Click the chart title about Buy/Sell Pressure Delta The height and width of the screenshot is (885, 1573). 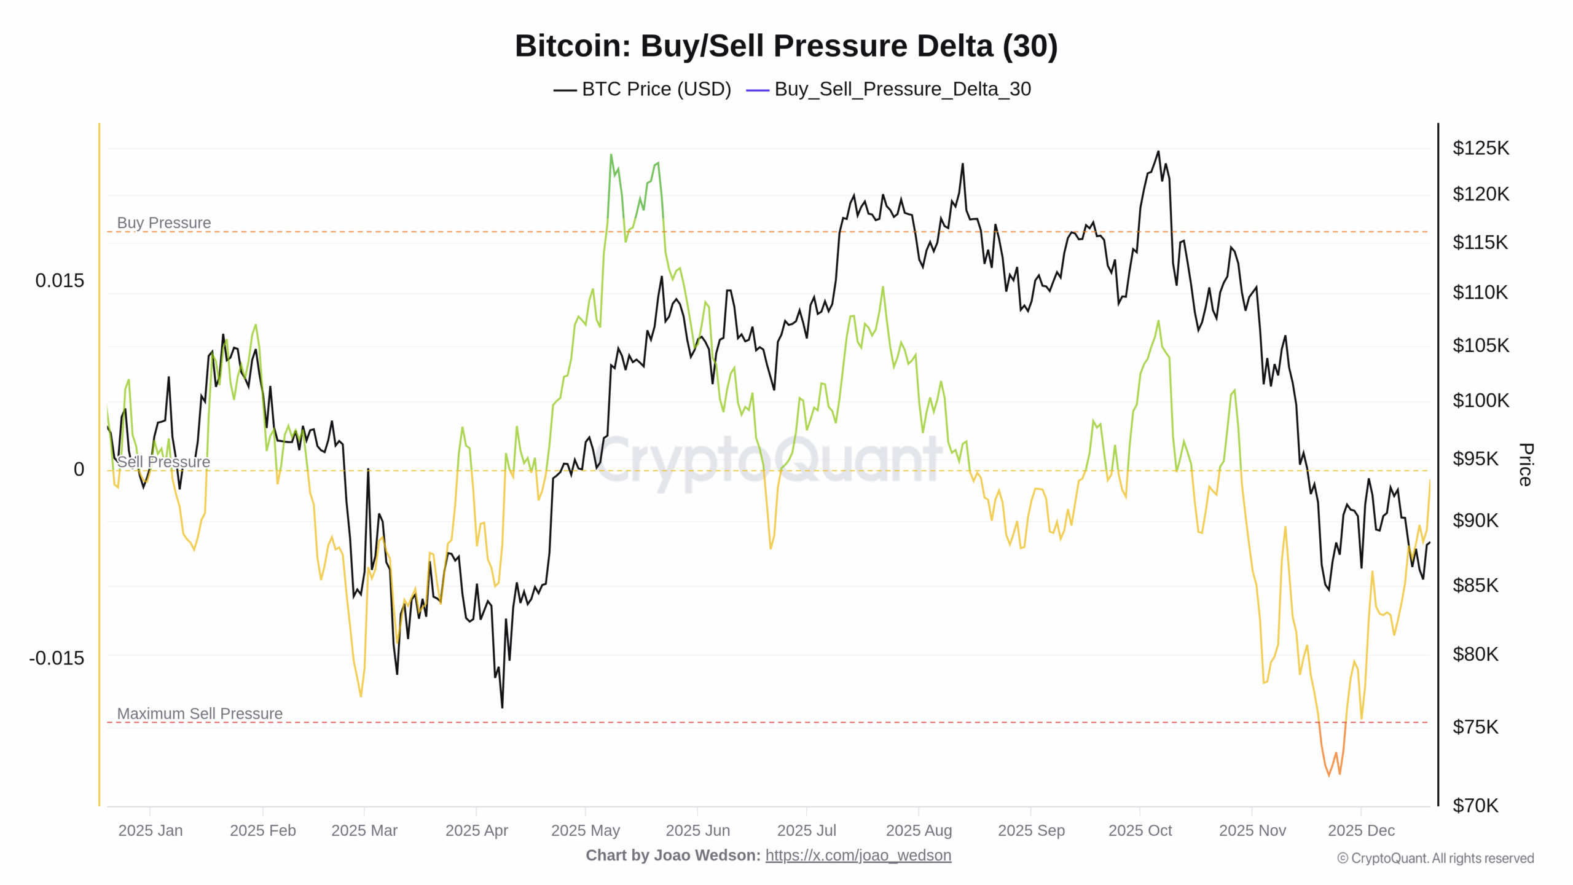tap(786, 46)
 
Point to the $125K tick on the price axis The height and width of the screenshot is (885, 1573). tap(1480, 148)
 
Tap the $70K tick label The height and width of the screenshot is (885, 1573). tap(1475, 805)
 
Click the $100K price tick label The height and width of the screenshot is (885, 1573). tap(1480, 401)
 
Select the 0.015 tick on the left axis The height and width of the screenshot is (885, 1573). tap(60, 281)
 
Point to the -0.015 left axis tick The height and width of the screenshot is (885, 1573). tap(57, 658)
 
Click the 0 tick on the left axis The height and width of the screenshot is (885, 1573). tap(79, 470)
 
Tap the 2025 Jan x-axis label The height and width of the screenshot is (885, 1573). tap(151, 830)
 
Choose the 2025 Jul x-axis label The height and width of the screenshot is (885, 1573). tap(806, 830)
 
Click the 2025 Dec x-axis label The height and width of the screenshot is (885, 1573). tap(1361, 830)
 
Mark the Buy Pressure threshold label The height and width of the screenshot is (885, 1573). tap(164, 222)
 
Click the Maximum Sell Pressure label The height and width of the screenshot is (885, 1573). tap(200, 714)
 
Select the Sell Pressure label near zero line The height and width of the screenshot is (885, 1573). tap(163, 462)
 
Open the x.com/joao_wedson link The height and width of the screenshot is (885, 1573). tap(858, 855)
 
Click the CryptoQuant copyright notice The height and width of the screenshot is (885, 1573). tap(1435, 859)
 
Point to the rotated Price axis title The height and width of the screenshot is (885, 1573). tap(1526, 465)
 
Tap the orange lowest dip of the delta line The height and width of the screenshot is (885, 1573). tap(1329, 774)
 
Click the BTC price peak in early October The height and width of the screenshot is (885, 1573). tap(1158, 152)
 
